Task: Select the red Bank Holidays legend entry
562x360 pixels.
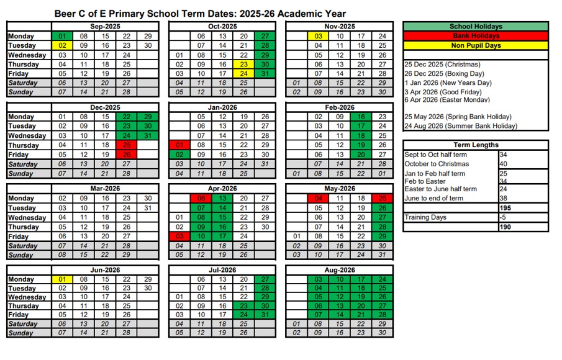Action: pyautogui.click(x=476, y=36)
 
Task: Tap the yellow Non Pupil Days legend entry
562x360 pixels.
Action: pyautogui.click(x=476, y=45)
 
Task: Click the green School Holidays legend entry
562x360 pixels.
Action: pyautogui.click(x=476, y=27)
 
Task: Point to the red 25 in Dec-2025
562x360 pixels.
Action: pyautogui.click(x=127, y=145)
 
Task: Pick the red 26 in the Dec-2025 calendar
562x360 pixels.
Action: pyautogui.click(x=127, y=155)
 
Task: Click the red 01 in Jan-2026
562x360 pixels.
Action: pyautogui.click(x=179, y=145)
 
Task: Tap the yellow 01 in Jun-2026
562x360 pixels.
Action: pyautogui.click(x=62, y=279)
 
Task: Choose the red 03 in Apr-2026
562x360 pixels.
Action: pyautogui.click(x=179, y=236)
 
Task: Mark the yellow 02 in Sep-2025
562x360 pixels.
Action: pyautogui.click(x=62, y=45)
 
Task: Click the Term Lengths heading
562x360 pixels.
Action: pyautogui.click(x=476, y=145)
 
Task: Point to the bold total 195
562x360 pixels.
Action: pyautogui.click(x=505, y=208)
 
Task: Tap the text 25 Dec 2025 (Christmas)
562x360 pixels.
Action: pyautogui.click(x=442, y=65)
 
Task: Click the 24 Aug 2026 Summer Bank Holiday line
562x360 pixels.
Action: pyautogui.click(x=460, y=126)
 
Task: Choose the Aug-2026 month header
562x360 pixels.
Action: pyautogui.click(x=339, y=270)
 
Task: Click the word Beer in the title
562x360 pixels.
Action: pyautogui.click(x=66, y=13)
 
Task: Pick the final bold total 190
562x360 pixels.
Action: pyautogui.click(x=505, y=227)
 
